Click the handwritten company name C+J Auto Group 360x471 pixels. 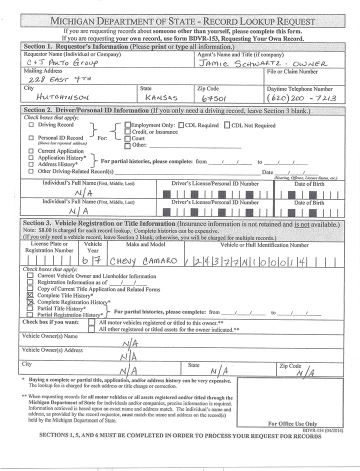tap(61, 63)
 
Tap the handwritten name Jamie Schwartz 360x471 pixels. tap(262, 63)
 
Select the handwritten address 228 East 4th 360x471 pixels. tap(60, 79)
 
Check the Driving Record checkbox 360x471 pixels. tap(31, 125)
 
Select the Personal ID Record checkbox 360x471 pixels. tap(31, 138)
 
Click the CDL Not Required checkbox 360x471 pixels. tap(227, 125)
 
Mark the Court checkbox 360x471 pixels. tap(127, 138)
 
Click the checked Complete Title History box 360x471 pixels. tap(30, 295)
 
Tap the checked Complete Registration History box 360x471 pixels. tap(30, 302)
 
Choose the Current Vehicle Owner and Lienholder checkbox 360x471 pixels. tap(30, 275)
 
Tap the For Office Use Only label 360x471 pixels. tap(292, 423)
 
